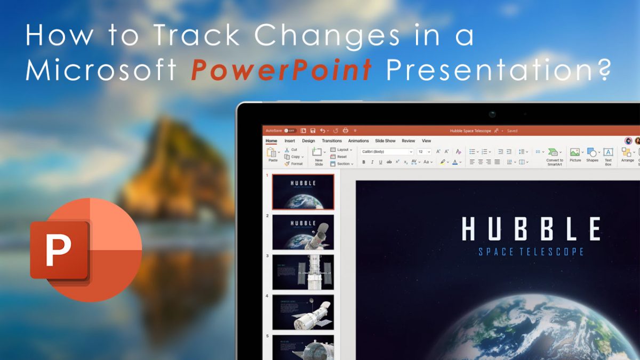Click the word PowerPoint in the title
pyautogui.click(x=282, y=70)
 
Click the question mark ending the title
pyautogui.click(x=602, y=70)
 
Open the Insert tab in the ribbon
pyautogui.click(x=290, y=141)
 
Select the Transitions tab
pyautogui.click(x=332, y=141)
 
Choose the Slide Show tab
pyautogui.click(x=385, y=141)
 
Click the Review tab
pyautogui.click(x=409, y=141)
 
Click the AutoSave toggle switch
pyautogui.click(x=290, y=131)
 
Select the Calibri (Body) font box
pyautogui.click(x=387, y=152)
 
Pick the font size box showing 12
pyautogui.click(x=423, y=152)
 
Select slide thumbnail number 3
pyautogui.click(x=303, y=272)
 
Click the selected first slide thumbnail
pyautogui.click(x=303, y=191)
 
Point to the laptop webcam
pyautogui.click(x=492, y=114)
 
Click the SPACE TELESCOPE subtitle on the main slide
pyautogui.click(x=531, y=252)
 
